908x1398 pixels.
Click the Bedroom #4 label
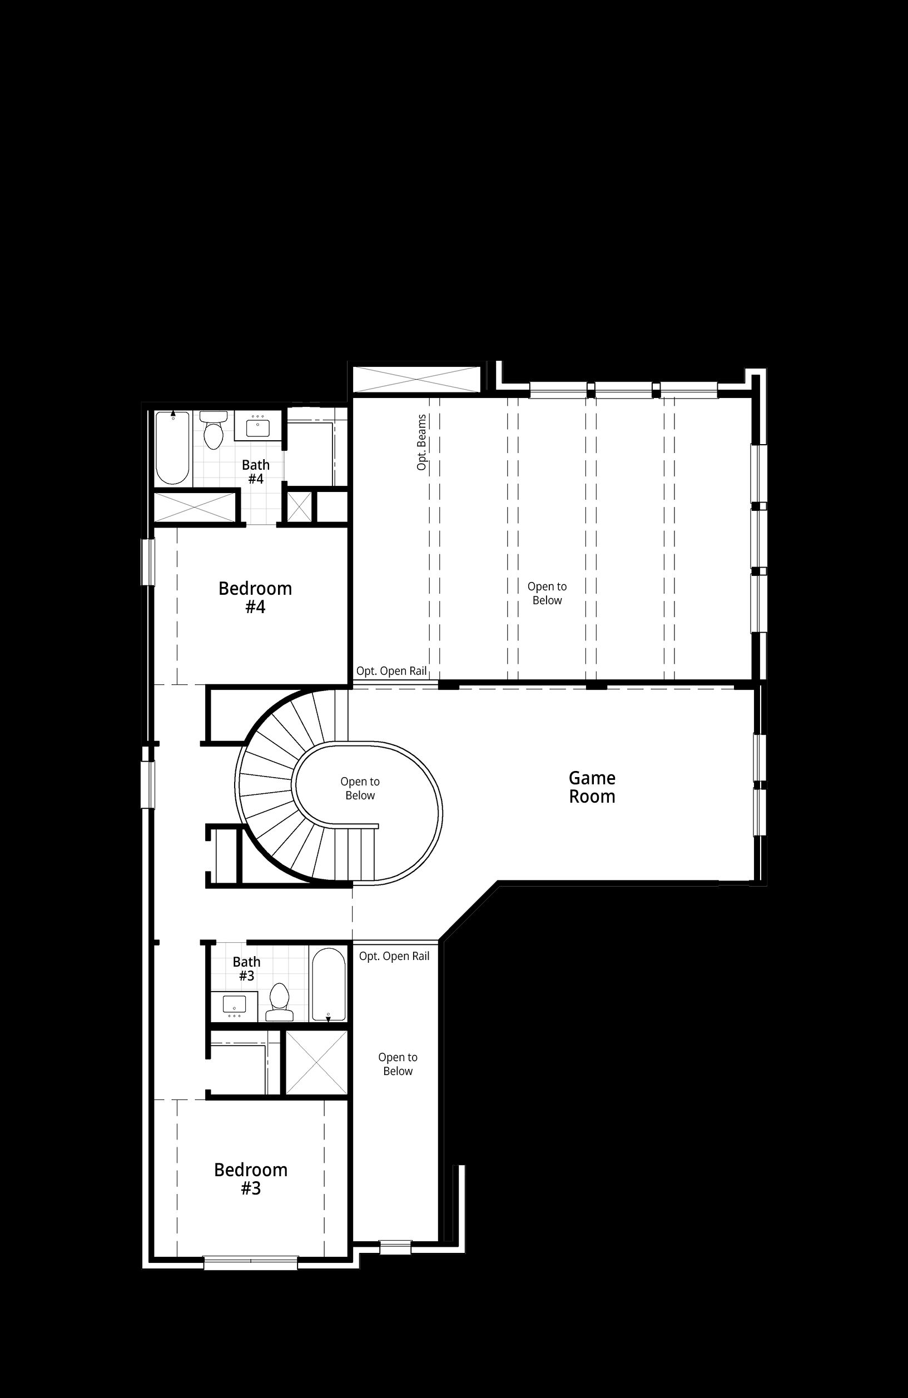pyautogui.click(x=255, y=597)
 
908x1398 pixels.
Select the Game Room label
pyautogui.click(x=592, y=787)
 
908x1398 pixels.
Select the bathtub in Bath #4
pyautogui.click(x=173, y=448)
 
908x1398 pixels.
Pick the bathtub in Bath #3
pyautogui.click(x=328, y=984)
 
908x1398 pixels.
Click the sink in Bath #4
pyautogui.click(x=258, y=426)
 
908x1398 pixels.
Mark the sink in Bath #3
pyautogui.click(x=235, y=1006)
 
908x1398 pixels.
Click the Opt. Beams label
pyautogui.click(x=421, y=442)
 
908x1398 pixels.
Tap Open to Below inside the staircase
pyautogui.click(x=360, y=788)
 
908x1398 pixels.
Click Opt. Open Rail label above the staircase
pyautogui.click(x=391, y=671)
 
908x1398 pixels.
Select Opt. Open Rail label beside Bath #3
pyautogui.click(x=394, y=956)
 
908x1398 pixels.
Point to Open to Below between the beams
pyautogui.click(x=547, y=593)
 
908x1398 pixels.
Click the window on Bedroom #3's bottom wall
pyautogui.click(x=250, y=1262)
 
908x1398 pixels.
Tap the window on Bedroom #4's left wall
pyautogui.click(x=147, y=562)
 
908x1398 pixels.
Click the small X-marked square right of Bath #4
pyautogui.click(x=299, y=506)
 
